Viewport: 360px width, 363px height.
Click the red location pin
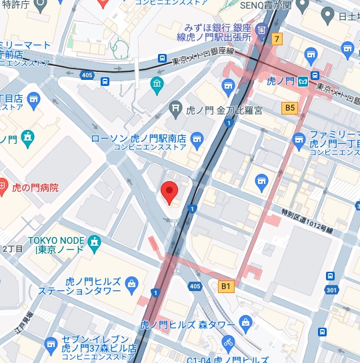[170, 192]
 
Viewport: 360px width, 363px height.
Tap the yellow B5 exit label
[289, 107]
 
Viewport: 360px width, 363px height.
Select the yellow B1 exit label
[227, 286]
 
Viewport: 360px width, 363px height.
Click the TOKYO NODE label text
[56, 240]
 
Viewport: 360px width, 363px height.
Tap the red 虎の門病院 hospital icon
[3, 187]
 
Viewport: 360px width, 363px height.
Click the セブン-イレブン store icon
[51, 344]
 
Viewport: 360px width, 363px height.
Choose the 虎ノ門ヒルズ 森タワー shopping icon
[246, 324]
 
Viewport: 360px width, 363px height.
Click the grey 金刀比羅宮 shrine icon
[175, 105]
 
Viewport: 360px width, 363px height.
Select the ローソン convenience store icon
[196, 139]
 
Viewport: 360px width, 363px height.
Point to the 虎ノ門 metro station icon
[303, 81]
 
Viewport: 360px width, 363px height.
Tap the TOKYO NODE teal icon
[95, 240]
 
